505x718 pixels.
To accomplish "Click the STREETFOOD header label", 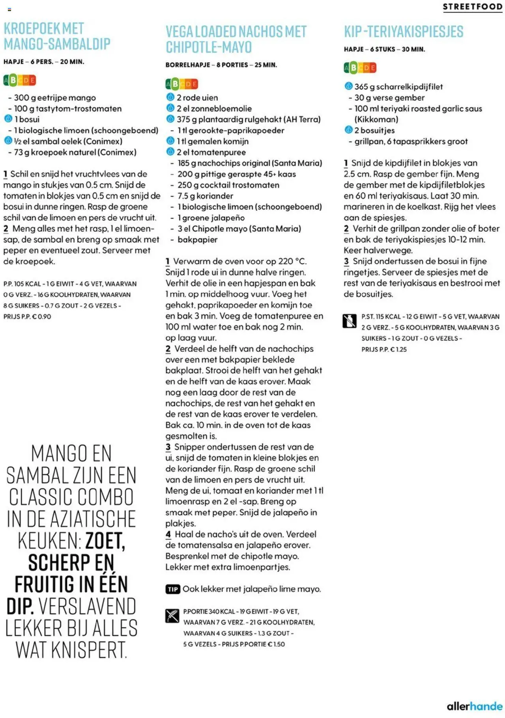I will pos(472,7).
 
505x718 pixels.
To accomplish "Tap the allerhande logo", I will pos(474,706).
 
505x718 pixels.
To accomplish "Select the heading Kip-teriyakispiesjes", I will pos(404,32).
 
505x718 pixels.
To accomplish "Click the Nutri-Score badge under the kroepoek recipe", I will pos(20,80).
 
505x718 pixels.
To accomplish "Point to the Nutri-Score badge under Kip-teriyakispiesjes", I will pos(360,68).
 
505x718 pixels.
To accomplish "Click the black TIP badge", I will pos(173,589).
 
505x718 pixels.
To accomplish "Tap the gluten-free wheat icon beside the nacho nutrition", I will pos(172,616).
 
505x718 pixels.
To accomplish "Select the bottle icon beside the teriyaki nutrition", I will pos(350,321).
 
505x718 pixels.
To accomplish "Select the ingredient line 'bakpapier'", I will pos(197,240).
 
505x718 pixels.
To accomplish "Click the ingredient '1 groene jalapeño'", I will pos(211,218).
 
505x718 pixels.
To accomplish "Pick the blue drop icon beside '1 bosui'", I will pos(8,119).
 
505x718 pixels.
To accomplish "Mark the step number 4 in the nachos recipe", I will pos(168,534).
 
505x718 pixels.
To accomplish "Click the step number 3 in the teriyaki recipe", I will pos(346,261).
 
